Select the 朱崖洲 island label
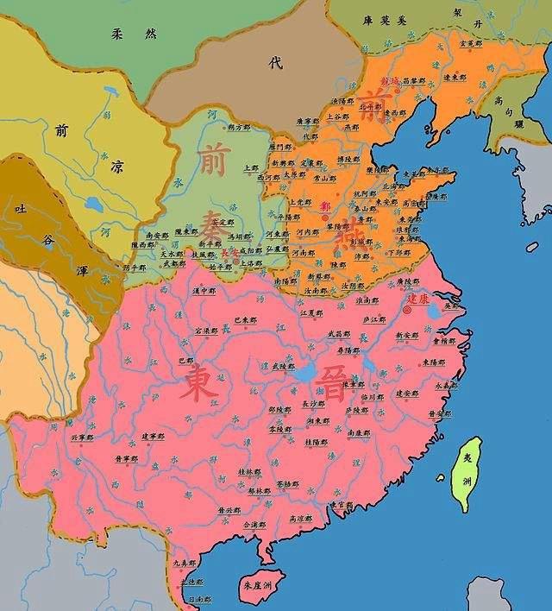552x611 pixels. [x=258, y=586]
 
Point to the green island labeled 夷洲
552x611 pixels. [x=466, y=470]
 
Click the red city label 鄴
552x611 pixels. [x=324, y=206]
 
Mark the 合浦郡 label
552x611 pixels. [x=254, y=524]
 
